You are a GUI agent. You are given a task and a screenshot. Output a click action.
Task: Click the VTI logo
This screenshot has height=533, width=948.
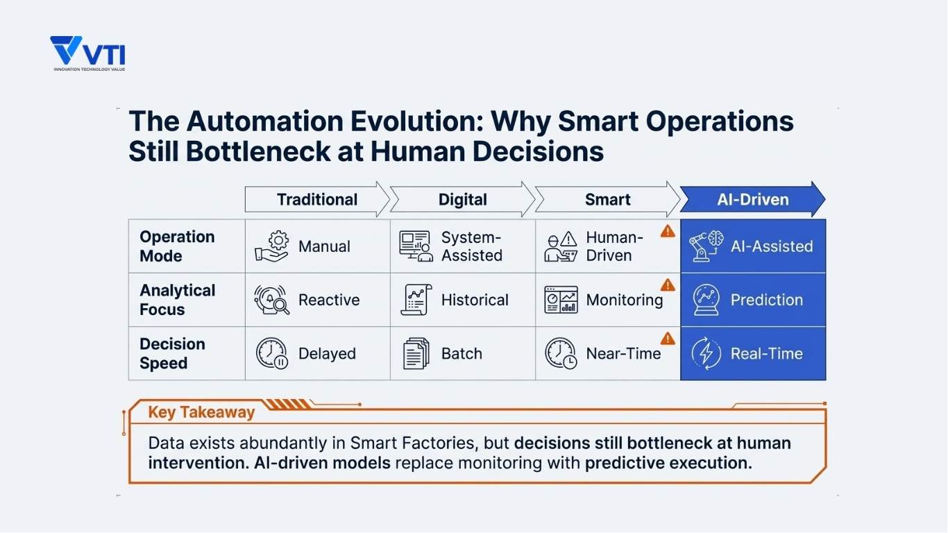click(x=87, y=53)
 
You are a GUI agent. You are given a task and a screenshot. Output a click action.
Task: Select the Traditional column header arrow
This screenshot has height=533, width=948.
click(x=317, y=199)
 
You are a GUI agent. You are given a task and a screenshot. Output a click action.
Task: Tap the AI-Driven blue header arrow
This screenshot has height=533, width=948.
click(x=752, y=199)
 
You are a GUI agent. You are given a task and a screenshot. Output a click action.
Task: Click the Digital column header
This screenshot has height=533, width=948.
click(x=463, y=199)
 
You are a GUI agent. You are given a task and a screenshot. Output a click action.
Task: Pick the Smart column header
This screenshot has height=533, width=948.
click(x=608, y=199)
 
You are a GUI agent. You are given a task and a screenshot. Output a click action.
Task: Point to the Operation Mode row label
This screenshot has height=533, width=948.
click(x=177, y=246)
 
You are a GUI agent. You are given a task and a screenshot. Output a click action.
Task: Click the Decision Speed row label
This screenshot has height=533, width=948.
click(x=172, y=353)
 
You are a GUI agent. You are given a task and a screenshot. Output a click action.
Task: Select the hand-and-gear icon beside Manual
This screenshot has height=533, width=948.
click(x=272, y=246)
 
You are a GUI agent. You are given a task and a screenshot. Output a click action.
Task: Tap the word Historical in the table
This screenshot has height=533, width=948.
click(x=475, y=300)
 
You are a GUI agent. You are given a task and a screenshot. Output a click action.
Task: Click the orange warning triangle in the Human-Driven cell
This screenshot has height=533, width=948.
click(x=668, y=232)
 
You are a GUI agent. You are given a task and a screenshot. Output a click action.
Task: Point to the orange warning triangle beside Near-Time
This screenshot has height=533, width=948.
click(x=668, y=339)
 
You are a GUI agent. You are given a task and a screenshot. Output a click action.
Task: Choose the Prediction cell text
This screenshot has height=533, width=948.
click(x=766, y=300)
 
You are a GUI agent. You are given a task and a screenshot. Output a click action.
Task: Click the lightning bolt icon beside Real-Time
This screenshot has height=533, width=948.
click(x=706, y=353)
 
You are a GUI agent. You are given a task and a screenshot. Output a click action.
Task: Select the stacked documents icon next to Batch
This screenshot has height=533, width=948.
click(x=416, y=353)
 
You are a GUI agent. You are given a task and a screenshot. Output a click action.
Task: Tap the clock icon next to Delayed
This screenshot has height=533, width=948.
click(x=272, y=353)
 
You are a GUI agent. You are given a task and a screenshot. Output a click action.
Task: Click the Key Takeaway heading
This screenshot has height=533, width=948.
click(x=201, y=412)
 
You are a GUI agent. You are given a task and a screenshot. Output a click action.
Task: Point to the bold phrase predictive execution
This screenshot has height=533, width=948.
click(x=669, y=463)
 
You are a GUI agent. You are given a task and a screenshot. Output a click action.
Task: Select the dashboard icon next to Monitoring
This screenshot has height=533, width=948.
click(x=561, y=300)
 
